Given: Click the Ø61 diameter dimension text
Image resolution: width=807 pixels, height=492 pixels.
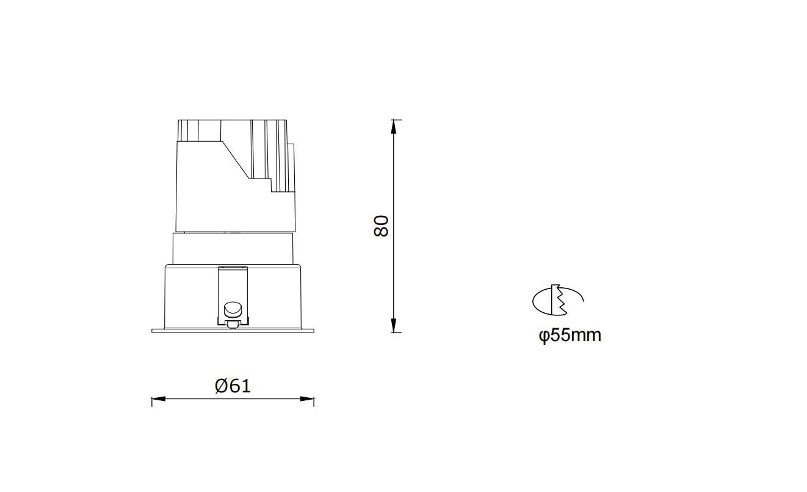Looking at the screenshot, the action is click(233, 386).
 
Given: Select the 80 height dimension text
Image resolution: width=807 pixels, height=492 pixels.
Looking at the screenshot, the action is click(381, 226).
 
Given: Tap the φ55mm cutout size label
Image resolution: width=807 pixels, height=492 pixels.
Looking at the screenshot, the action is click(570, 336).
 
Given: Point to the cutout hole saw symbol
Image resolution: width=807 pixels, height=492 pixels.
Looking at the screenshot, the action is click(558, 300).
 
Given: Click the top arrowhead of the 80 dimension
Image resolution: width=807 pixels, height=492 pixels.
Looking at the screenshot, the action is click(394, 127).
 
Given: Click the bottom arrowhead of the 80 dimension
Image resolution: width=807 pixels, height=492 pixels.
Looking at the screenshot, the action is click(394, 325).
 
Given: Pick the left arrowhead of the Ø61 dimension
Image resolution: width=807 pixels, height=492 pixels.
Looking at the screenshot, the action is click(159, 398).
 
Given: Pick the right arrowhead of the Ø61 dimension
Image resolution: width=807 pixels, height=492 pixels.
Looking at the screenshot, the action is click(307, 398).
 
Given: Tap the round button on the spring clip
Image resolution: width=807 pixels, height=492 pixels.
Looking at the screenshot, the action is click(233, 310).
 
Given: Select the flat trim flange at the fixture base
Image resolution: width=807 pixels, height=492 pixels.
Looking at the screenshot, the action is click(233, 331).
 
